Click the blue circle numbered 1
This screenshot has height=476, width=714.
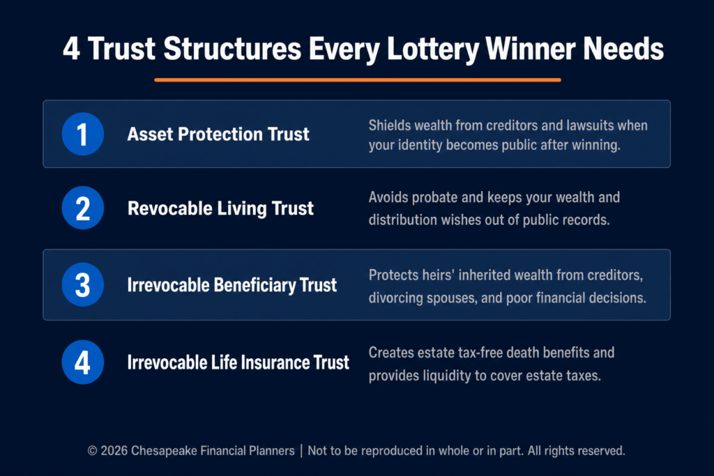pyautogui.click(x=82, y=134)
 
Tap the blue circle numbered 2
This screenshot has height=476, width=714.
pyautogui.click(x=82, y=208)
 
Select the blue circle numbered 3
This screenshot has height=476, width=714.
pyautogui.click(x=82, y=284)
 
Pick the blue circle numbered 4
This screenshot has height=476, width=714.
pyautogui.click(x=82, y=362)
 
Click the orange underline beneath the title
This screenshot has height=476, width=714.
pyautogui.click(x=358, y=79)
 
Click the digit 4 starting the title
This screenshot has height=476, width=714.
pyautogui.click(x=72, y=49)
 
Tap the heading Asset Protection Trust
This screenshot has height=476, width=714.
pyautogui.click(x=218, y=134)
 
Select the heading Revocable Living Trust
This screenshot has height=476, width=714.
pyautogui.click(x=220, y=208)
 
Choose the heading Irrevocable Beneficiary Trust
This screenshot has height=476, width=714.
pyautogui.click(x=231, y=285)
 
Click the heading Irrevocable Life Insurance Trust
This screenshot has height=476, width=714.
pyautogui.click(x=238, y=362)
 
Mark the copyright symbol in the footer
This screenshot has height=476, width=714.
pyautogui.click(x=93, y=451)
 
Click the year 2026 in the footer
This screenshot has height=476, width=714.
pyautogui.click(x=114, y=450)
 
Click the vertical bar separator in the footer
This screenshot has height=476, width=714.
pyautogui.click(x=301, y=451)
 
